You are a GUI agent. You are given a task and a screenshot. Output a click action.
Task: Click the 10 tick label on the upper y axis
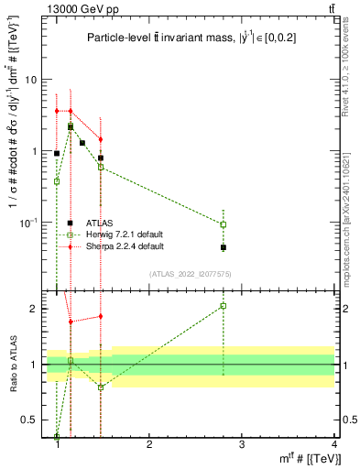(30, 80)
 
